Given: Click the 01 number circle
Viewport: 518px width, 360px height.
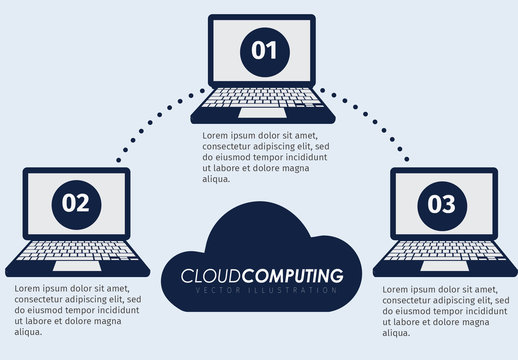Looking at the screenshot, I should click(263, 50).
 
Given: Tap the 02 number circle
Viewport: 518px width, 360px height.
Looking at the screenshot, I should click(76, 203).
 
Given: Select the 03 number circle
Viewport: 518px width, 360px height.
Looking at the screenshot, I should click(441, 204).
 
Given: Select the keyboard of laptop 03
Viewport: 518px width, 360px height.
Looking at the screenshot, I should click(441, 253).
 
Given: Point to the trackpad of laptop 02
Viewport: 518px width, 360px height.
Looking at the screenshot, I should click(77, 267).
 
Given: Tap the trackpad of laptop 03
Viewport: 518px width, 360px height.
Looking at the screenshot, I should click(441, 267).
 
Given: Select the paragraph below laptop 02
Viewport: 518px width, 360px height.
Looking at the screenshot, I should click(77, 310).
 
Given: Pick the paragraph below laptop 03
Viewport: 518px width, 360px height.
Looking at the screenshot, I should click(441, 311).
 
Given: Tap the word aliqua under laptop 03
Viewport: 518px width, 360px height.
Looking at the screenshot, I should click(399, 334).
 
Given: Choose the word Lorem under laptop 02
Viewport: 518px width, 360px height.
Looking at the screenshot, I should click(30, 288).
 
